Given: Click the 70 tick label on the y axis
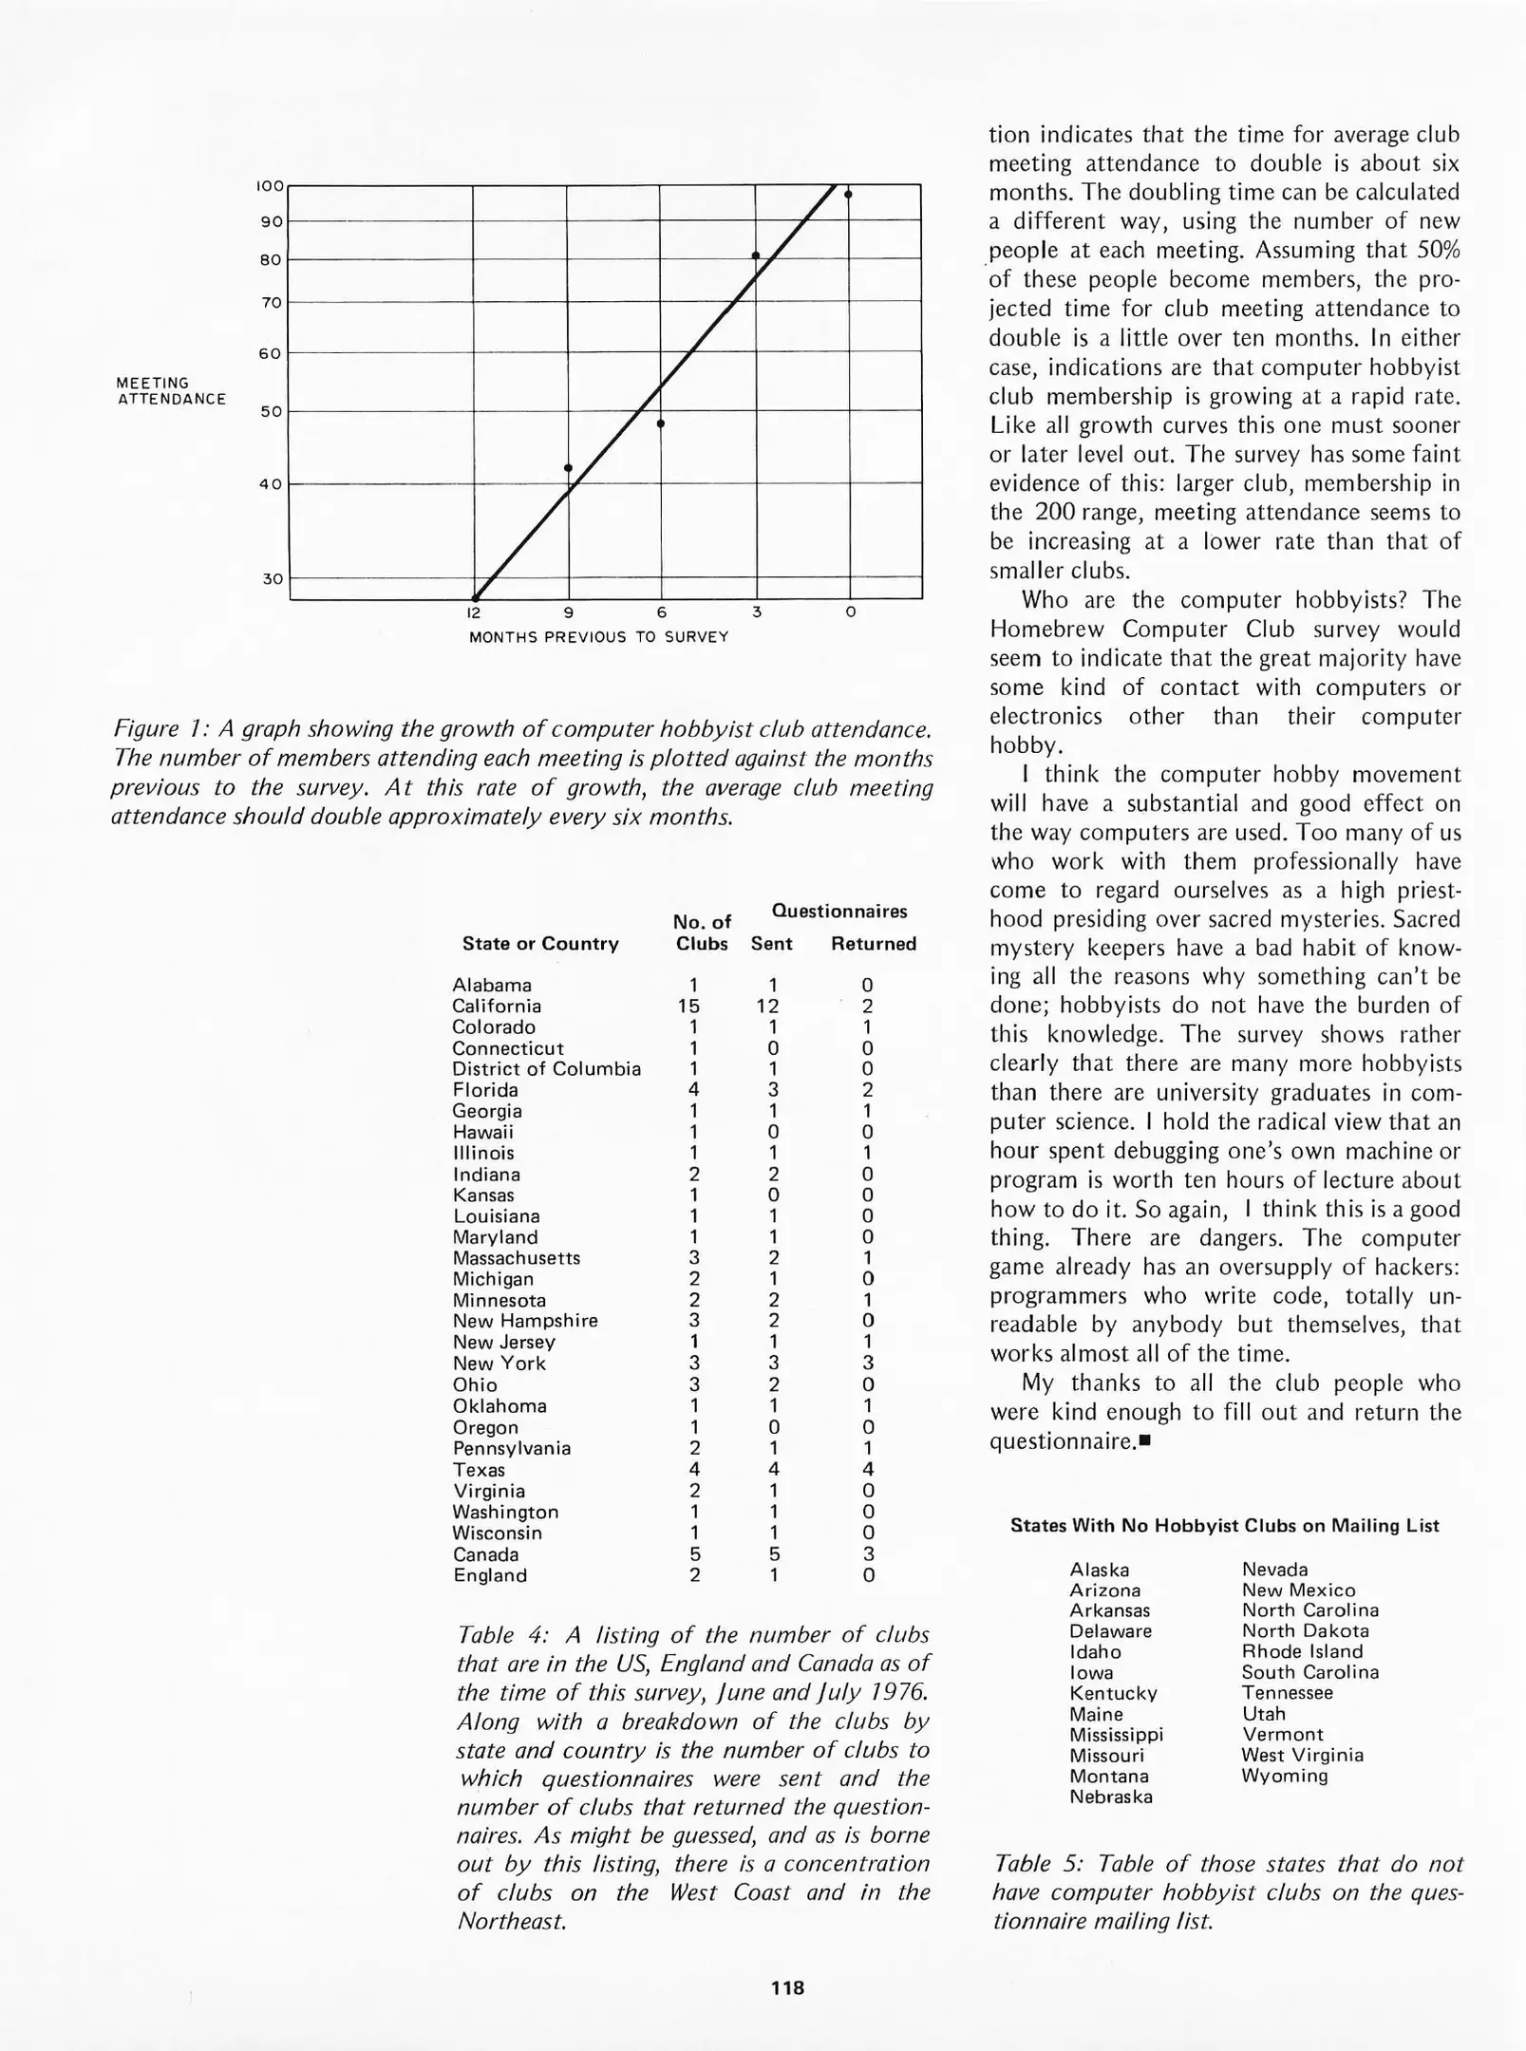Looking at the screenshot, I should [271, 303].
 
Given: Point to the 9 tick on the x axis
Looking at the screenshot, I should [568, 612].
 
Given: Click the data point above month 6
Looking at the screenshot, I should [661, 423].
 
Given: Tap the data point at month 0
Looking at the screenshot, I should [848, 195].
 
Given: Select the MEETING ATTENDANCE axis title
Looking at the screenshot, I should [171, 391].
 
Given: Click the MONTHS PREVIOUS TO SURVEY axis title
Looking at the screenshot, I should [598, 637].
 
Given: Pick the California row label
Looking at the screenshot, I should [497, 1007].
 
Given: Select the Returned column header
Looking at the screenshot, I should [873, 944].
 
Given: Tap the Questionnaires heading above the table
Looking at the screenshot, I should [839, 912].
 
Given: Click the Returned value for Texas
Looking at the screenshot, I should [867, 1470].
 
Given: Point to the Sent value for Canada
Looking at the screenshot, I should [773, 1554].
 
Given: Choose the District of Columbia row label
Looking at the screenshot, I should [546, 1069].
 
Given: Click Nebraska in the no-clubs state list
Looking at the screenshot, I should [1110, 1797].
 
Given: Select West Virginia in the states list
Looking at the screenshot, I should [1302, 1755].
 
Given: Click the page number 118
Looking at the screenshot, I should [788, 1987].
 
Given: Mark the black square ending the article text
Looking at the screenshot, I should [1144, 1441].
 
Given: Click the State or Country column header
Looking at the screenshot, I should [540, 944].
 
